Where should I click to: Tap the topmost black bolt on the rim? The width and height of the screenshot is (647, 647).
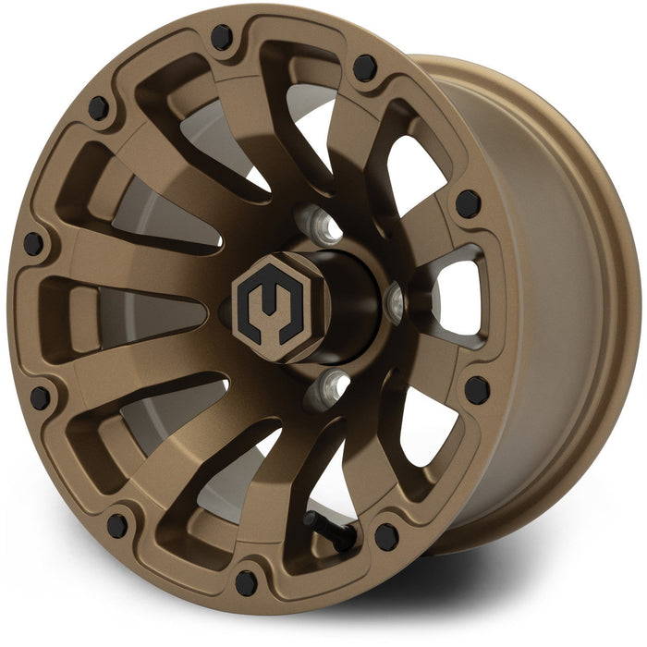coord(221,37)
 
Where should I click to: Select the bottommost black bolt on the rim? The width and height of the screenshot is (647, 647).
coord(246,581)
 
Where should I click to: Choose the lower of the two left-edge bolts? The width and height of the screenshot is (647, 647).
coord(41,397)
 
